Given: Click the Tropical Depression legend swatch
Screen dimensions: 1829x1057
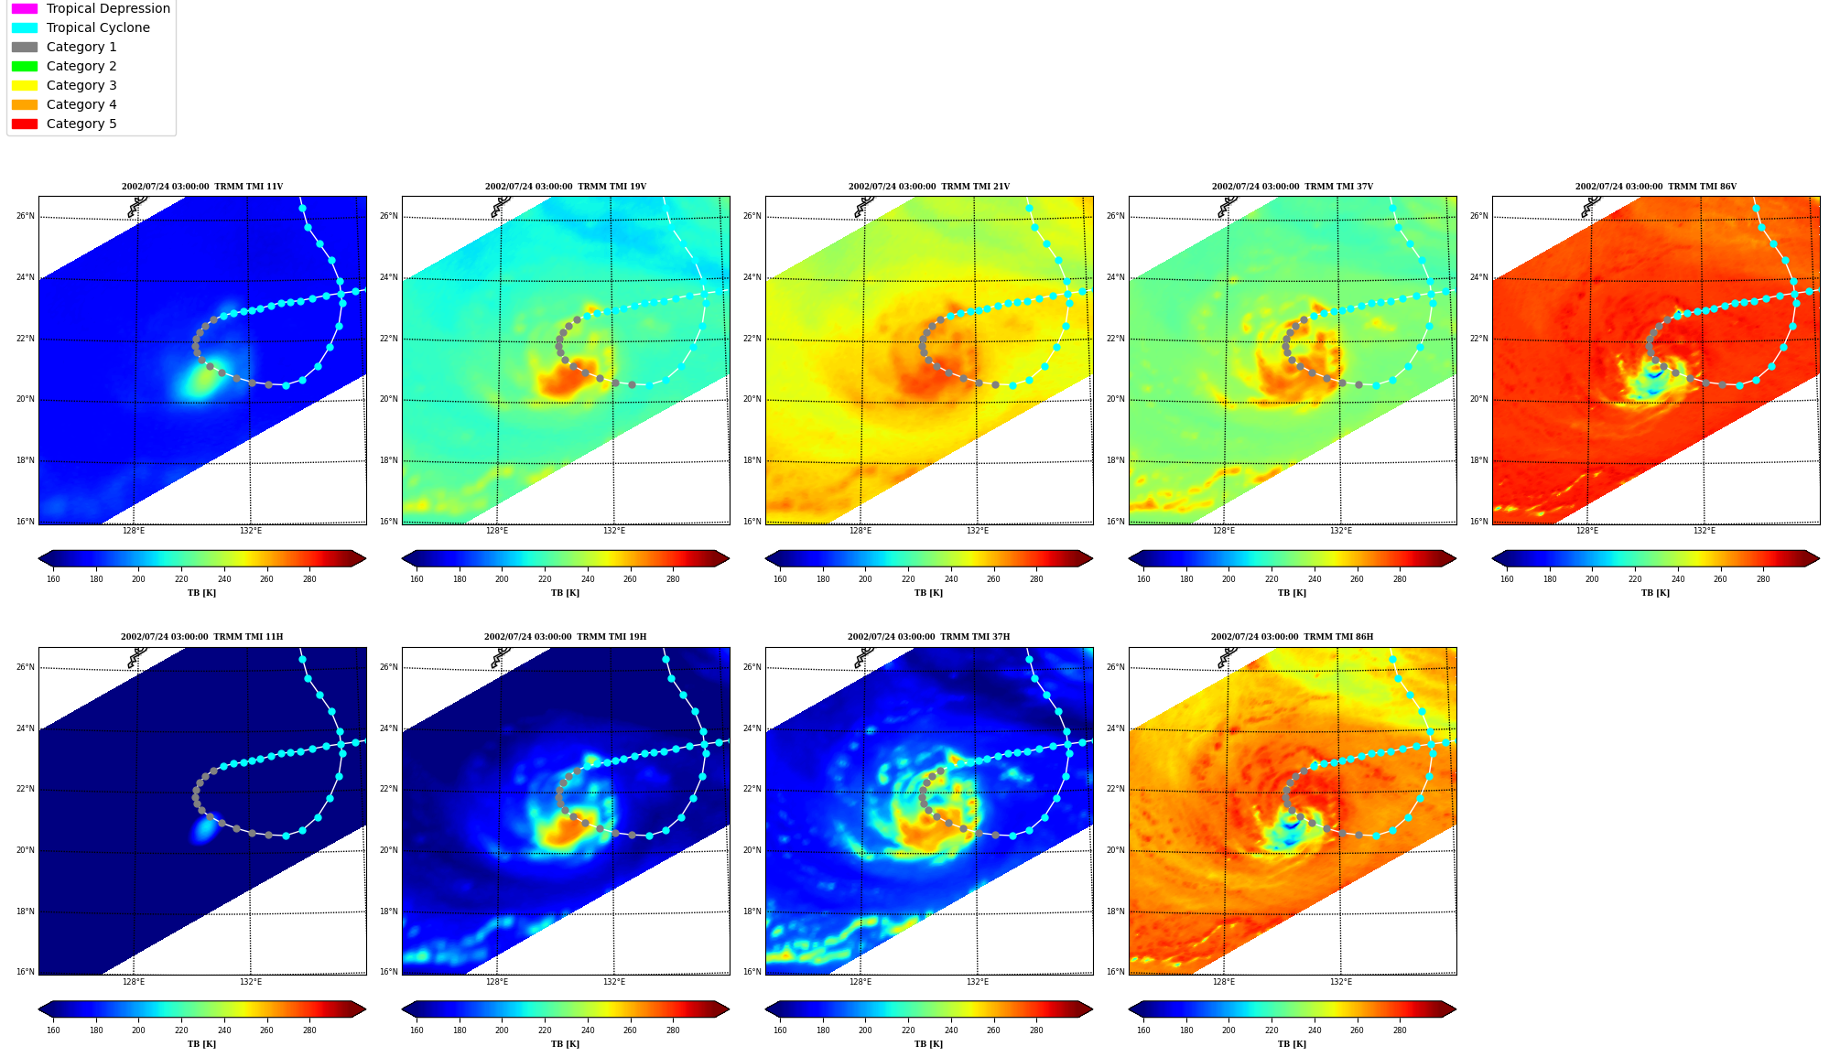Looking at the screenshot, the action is click(25, 8).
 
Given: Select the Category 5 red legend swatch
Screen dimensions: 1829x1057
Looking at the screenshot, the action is click(25, 124).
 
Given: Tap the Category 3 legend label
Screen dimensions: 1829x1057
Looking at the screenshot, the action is click(81, 85).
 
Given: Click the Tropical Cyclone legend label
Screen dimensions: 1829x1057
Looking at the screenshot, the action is click(98, 27).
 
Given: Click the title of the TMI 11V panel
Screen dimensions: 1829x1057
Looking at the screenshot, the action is click(202, 187).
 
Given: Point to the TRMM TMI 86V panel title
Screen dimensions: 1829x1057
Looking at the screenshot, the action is click(1656, 187).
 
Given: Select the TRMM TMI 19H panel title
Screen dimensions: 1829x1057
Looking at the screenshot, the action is click(566, 637).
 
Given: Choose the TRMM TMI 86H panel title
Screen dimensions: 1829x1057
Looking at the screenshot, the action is click(1293, 637).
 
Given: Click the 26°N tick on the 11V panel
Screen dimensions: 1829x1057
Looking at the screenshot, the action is click(26, 217).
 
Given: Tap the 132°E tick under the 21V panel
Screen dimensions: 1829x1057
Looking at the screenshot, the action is click(978, 531).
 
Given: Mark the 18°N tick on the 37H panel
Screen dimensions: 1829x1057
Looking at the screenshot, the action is click(752, 911).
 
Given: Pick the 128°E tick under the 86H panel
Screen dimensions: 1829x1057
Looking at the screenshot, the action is click(1224, 982).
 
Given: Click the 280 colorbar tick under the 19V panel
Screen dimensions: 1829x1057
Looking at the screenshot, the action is click(673, 579).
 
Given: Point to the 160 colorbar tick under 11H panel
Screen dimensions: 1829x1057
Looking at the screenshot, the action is click(53, 1030).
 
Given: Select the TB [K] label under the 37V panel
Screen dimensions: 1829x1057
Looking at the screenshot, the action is click(1293, 593).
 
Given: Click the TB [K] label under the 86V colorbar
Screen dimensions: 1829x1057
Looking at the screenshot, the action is click(1656, 593).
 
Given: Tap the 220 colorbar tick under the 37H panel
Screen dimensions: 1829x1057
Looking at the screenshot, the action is click(908, 1030).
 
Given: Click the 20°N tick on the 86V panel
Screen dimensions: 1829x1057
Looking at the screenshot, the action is click(1479, 400).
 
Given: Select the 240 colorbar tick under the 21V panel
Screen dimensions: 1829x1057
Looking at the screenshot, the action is click(951, 579).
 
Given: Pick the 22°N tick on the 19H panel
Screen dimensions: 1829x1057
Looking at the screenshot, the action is click(389, 790).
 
